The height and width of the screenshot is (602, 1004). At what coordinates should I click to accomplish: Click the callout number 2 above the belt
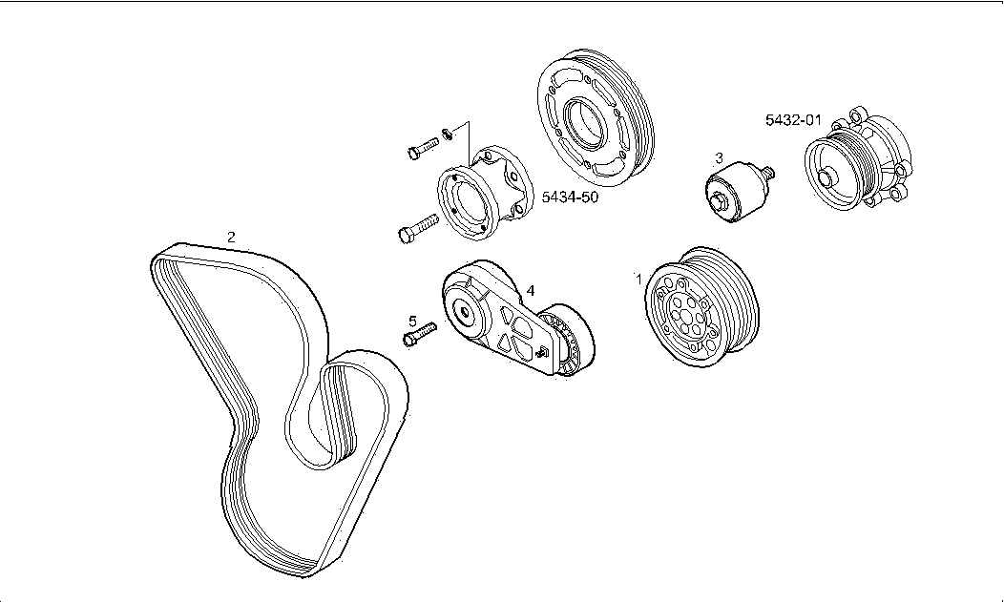tap(231, 237)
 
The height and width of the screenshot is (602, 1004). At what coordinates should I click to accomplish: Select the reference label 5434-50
tap(570, 197)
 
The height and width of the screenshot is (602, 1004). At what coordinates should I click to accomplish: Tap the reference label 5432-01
tap(793, 120)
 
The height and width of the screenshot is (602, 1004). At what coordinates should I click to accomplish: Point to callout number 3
tap(719, 157)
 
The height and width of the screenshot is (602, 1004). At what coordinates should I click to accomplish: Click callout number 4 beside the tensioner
tap(531, 290)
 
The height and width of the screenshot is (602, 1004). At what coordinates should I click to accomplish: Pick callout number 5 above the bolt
tap(412, 322)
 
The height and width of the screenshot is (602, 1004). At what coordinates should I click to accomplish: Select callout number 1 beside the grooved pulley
tap(638, 279)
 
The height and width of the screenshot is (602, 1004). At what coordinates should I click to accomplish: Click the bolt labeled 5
tap(419, 334)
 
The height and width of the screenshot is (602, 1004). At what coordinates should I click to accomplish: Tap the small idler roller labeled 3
tap(735, 192)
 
